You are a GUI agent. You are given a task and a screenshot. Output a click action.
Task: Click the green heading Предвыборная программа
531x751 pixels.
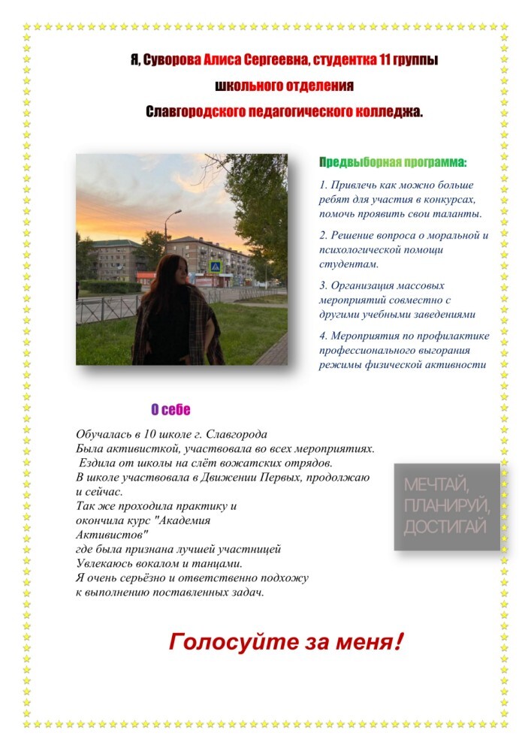393,161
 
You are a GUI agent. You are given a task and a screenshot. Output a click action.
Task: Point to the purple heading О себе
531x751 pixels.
170,409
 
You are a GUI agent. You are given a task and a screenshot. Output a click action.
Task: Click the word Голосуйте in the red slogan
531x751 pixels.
219,643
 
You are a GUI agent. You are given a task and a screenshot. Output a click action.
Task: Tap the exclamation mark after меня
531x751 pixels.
398,641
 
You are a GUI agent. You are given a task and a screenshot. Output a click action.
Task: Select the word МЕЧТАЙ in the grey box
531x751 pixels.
436,483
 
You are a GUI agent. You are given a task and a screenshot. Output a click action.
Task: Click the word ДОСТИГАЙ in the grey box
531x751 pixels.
445,527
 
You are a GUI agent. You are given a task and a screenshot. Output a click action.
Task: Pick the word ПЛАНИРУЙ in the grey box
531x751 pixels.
446,505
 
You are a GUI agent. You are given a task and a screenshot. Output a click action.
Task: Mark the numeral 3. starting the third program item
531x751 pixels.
324,285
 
